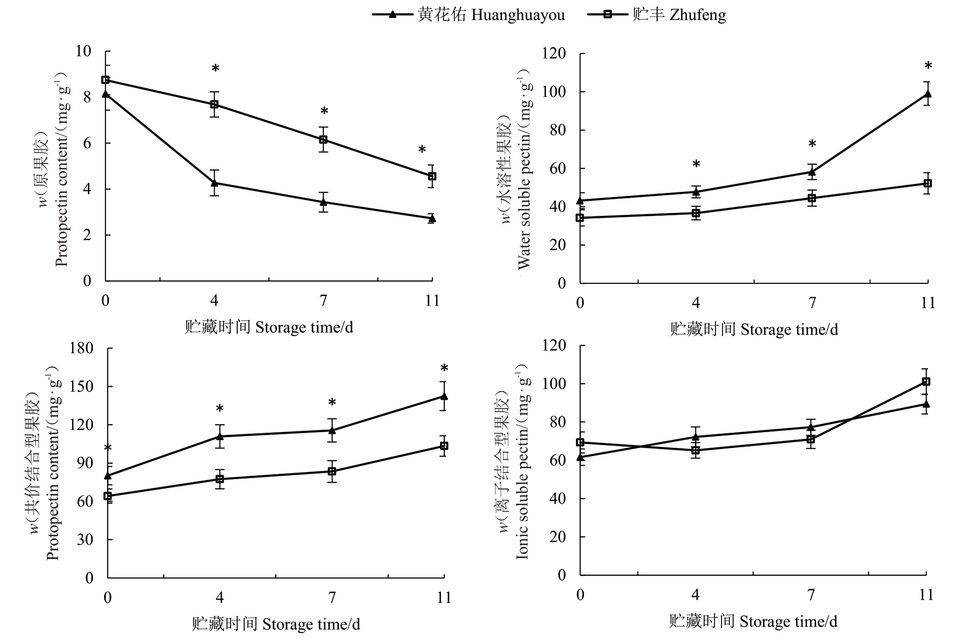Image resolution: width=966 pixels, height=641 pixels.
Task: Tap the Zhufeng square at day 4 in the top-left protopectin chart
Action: (x=214, y=104)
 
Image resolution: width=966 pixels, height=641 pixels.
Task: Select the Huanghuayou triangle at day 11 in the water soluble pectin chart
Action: (x=927, y=94)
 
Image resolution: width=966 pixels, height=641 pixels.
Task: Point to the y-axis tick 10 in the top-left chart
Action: (x=83, y=51)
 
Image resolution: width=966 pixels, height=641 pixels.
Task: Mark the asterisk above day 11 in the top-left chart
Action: (x=422, y=150)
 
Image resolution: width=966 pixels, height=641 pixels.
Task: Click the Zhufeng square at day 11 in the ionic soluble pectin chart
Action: (x=926, y=382)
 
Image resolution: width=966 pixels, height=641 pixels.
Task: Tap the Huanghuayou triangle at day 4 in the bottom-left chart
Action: (x=219, y=436)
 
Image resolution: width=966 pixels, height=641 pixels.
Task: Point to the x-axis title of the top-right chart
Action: (x=753, y=329)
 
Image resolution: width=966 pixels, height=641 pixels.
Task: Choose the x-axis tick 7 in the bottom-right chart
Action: (x=811, y=595)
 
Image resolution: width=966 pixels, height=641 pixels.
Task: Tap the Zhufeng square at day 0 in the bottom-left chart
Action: (x=108, y=496)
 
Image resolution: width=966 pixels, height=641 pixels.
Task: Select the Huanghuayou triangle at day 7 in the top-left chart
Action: (x=323, y=202)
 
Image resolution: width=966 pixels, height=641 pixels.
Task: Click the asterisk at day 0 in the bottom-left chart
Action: (x=107, y=448)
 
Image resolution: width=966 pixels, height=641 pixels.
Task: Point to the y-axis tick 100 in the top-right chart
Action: (x=554, y=92)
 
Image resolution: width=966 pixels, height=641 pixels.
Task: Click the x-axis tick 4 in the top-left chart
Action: (x=214, y=300)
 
